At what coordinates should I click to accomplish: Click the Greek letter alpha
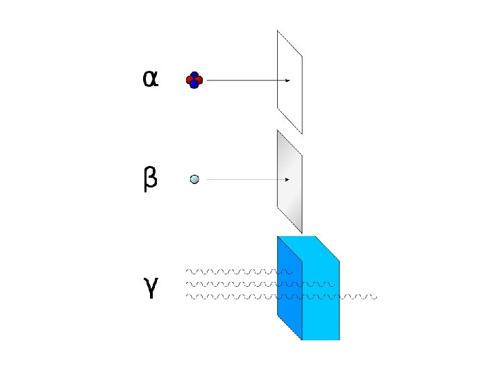pos(151,79)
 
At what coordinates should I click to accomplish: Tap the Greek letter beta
pos(150,180)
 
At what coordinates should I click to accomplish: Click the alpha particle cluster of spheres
pos(194,81)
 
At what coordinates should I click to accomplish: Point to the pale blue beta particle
pos(194,179)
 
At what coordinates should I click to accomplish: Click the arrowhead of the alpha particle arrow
pos(287,81)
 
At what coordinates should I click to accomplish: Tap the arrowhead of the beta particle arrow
pos(287,179)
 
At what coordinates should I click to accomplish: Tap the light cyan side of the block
pos(321,292)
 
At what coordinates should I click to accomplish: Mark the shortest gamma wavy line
pos(236,271)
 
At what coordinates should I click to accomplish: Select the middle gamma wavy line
pos(236,284)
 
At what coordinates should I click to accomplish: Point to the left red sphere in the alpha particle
pos(190,81)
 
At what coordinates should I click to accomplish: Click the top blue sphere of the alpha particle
pos(194,75)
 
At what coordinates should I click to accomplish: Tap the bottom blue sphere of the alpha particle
pos(194,85)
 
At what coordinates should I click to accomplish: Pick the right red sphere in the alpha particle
pos(199,81)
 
